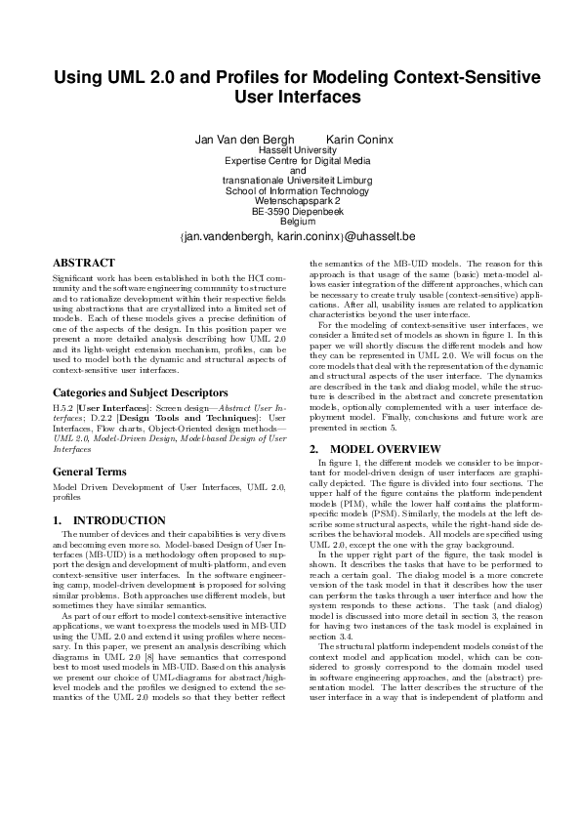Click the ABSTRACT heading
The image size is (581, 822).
83,263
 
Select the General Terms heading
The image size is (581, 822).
90,472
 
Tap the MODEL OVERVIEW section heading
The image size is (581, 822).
374,449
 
